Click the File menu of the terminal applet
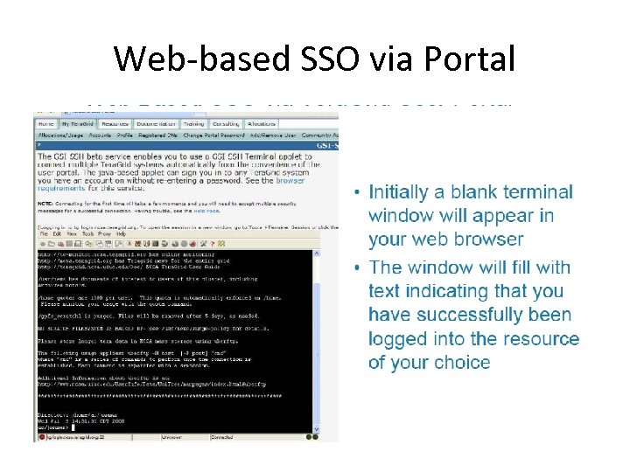(x=42, y=234)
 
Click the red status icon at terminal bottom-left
(x=39, y=436)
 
